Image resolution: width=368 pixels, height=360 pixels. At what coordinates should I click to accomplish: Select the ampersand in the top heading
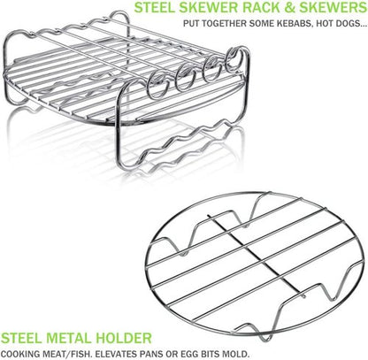(290, 8)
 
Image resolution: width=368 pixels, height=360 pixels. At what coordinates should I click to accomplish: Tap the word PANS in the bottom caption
(152, 353)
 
